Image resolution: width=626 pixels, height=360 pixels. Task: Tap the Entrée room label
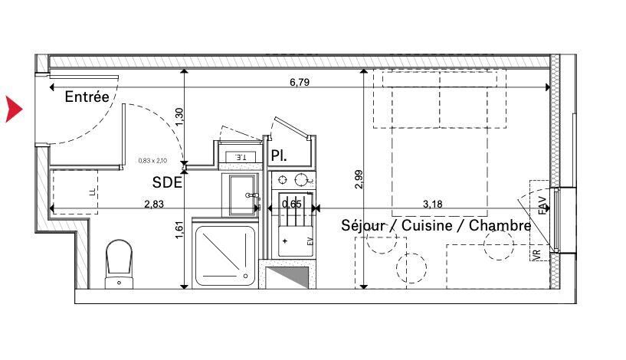[x=87, y=97]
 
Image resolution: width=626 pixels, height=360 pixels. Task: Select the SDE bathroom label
[x=167, y=182]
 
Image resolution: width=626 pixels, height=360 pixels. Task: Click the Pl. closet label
[x=279, y=155]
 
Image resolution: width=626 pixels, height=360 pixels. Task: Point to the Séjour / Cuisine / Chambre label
[x=436, y=226]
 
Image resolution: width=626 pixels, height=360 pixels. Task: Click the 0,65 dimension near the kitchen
[x=291, y=205]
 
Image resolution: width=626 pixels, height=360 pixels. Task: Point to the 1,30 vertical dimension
[x=179, y=116]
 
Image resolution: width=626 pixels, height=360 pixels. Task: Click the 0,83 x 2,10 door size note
[x=153, y=161]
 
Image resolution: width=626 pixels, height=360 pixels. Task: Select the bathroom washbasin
[x=240, y=195]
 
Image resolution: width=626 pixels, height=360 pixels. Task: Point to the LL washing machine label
[x=91, y=192]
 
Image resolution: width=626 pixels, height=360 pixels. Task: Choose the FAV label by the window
[x=542, y=205]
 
